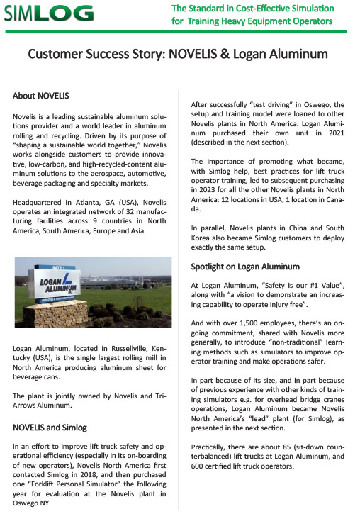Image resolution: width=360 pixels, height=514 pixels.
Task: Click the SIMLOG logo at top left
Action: [47, 13]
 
